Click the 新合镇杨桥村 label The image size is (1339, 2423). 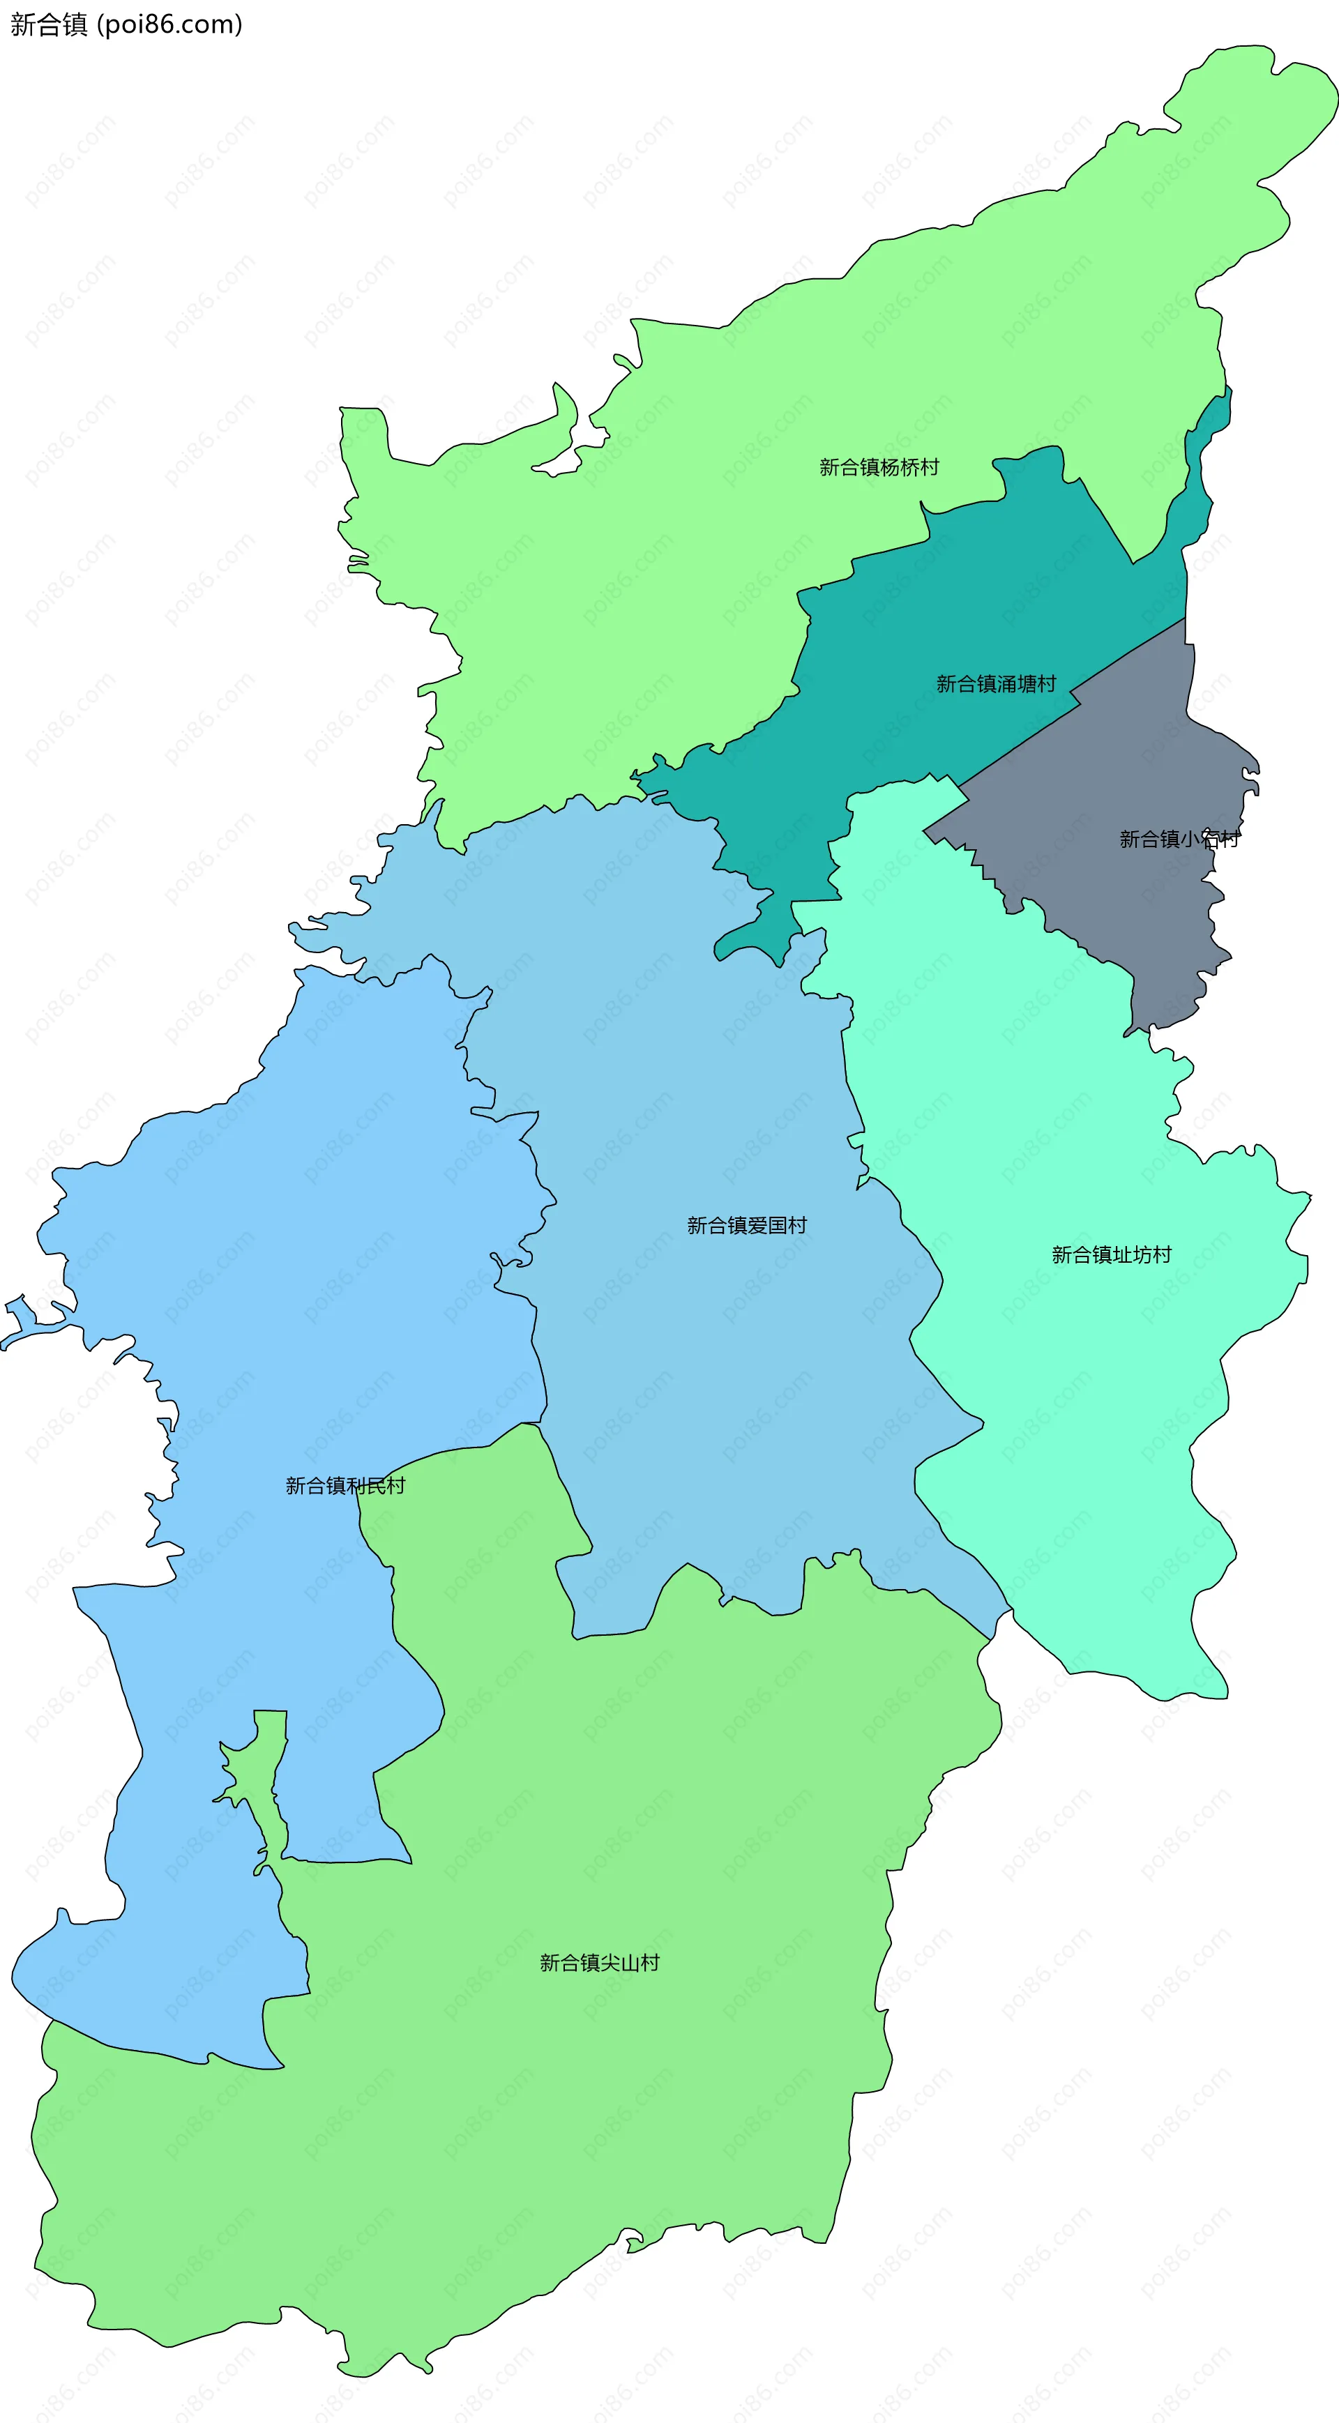click(879, 467)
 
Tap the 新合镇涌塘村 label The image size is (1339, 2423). click(996, 684)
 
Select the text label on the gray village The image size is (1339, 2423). click(1178, 839)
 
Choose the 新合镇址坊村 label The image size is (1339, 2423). click(1111, 1255)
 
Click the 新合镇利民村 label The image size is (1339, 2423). click(345, 1486)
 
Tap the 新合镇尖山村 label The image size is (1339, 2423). click(599, 1963)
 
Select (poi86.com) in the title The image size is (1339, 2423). click(170, 24)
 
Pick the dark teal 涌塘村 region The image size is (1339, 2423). click(941, 612)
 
